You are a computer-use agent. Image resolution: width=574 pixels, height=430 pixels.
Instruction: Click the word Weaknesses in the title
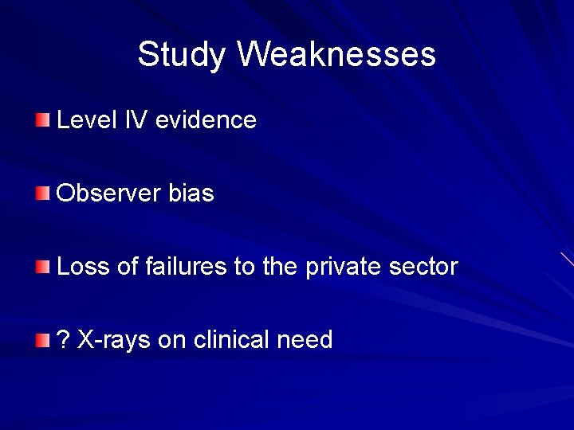click(336, 54)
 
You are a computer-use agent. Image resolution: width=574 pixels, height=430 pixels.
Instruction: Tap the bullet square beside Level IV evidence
click(42, 120)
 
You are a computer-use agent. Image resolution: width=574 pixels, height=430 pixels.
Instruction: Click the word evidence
click(206, 120)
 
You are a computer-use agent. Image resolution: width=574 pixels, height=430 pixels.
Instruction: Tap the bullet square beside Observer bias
click(42, 193)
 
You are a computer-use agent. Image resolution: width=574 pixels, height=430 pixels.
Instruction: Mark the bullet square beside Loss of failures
click(42, 267)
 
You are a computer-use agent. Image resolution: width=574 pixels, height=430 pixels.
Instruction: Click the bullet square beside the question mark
click(42, 340)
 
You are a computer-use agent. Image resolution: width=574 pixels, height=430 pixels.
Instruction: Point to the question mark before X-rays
click(64, 340)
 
